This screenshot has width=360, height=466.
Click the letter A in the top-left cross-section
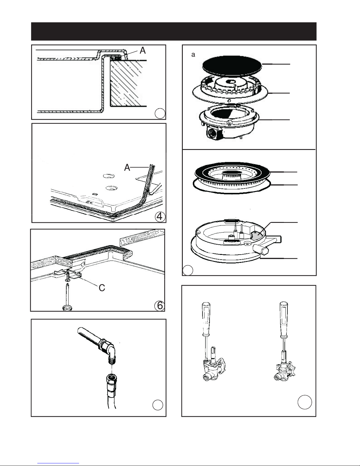[x=143, y=51]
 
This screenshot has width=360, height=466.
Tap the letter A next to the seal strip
[x=127, y=168]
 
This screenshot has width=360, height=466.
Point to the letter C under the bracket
[x=102, y=288]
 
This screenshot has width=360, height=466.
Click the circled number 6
[x=159, y=306]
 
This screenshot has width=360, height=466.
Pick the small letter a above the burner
[x=193, y=55]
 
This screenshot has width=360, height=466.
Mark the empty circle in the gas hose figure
[x=158, y=405]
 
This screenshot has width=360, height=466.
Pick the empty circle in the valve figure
[x=304, y=402]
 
